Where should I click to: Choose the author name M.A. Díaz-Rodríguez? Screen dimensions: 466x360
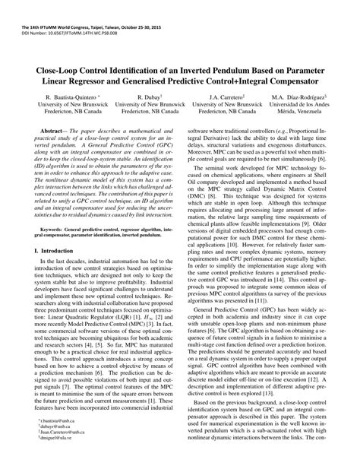click(x=298, y=99)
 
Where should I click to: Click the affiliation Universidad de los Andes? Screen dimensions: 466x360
click(x=298, y=107)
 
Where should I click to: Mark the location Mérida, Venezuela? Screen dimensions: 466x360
click(x=298, y=116)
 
